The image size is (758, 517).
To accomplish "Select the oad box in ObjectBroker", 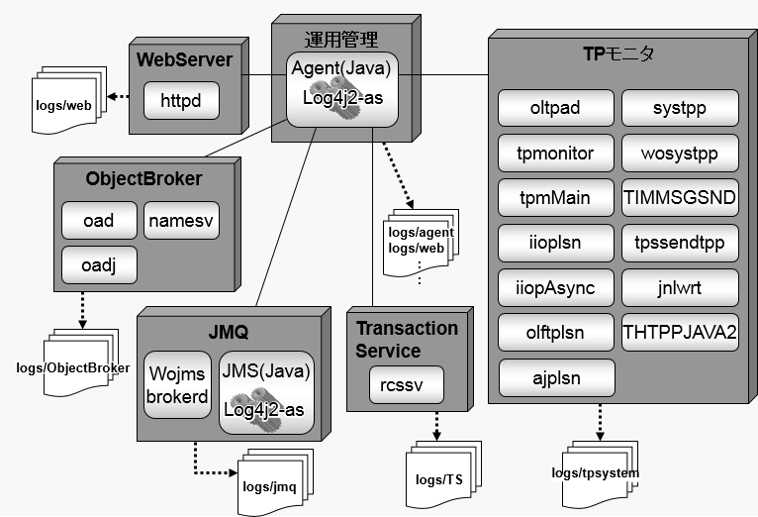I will click(99, 220).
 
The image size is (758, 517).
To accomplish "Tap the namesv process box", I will click(182, 220).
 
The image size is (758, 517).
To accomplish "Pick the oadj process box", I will click(99, 265).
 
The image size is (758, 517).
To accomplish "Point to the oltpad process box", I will click(555, 108).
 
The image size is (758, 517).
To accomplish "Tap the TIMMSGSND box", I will click(680, 197).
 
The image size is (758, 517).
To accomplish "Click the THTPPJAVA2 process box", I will click(680, 334).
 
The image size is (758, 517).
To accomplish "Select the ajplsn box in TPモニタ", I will click(555, 378).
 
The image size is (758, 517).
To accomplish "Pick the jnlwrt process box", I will click(680, 288).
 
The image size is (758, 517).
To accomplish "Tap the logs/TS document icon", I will click(441, 478).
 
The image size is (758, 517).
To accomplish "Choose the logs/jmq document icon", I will click(270, 484).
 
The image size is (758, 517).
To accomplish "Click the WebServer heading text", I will click(184, 59).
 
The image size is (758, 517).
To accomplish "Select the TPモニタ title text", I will click(618, 53).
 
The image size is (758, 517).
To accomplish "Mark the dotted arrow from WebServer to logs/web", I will click(118, 96).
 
